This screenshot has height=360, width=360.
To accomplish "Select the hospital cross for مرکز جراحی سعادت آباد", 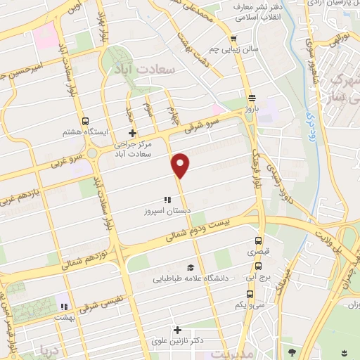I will point(132,133).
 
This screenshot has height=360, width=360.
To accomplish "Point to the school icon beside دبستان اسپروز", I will point(167,200).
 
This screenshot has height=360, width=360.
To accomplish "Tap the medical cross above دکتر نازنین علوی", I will point(177,329).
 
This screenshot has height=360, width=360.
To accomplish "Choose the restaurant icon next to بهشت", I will point(63,307).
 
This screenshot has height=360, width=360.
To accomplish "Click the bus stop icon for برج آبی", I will point(258,266).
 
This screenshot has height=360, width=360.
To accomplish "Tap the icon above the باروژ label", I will point(251,98).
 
